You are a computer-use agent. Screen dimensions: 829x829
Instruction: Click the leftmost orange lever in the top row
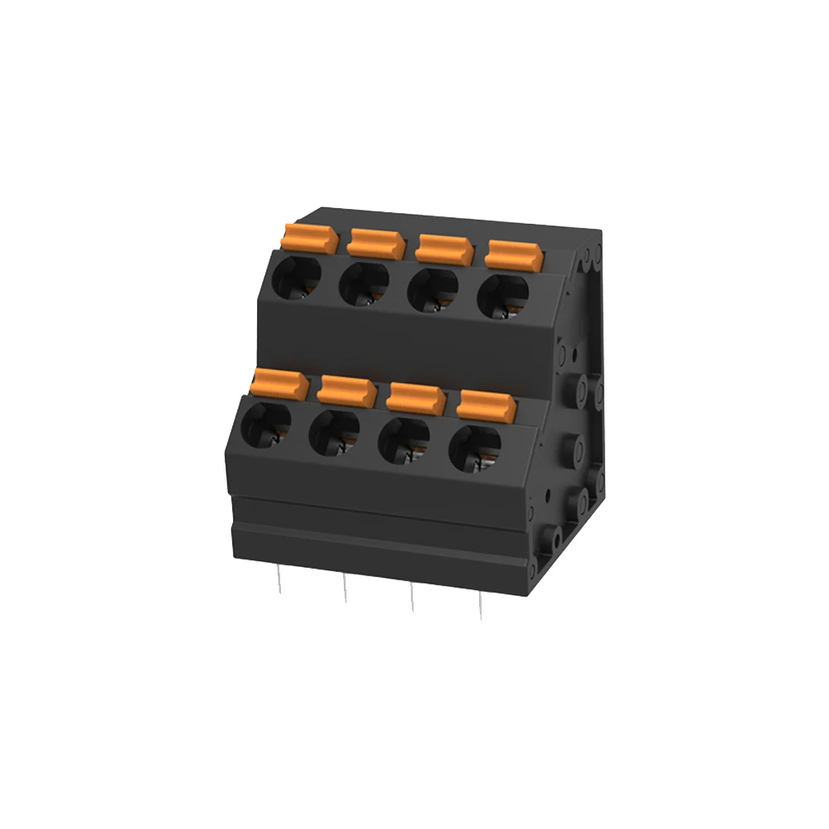coord(310,238)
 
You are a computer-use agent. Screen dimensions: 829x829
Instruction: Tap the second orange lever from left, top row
coord(376,243)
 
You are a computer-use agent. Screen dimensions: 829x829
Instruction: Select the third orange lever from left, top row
coord(444,248)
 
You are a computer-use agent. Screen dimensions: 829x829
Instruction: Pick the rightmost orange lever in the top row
coord(514,254)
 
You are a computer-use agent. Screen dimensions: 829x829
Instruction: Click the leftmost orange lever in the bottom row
coord(279,384)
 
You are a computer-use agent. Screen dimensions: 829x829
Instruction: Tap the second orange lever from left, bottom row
coord(347,390)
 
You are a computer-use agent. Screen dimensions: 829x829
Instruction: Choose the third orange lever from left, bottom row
coord(416,397)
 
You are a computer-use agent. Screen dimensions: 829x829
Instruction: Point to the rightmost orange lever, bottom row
coord(487,405)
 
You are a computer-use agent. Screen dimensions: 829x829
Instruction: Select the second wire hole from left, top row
coord(364,284)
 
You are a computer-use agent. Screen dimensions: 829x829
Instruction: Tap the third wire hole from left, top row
coord(433,290)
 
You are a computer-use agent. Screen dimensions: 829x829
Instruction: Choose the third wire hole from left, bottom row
coord(404,441)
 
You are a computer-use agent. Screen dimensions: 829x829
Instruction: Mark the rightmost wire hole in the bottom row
coord(474,448)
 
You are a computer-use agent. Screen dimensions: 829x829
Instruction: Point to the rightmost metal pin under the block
coord(480,606)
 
